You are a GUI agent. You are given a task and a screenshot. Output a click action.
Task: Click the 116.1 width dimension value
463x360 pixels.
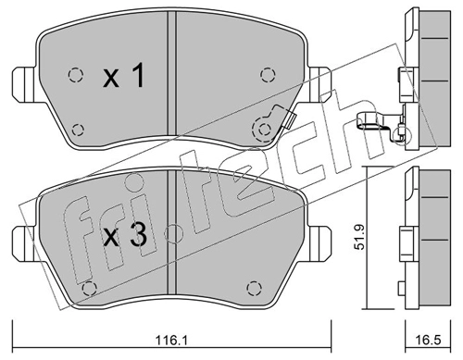pyautogui.click(x=171, y=341)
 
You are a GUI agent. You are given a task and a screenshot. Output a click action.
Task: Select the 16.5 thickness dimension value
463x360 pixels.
pyautogui.click(x=428, y=341)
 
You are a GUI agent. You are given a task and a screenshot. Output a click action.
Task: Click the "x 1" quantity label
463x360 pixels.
pyautogui.click(x=123, y=75)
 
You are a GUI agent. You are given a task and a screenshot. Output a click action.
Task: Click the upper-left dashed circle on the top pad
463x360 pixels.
pyautogui.click(x=75, y=75)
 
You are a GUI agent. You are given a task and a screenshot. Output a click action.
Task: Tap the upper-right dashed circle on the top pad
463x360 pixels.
pyautogui.click(x=268, y=75)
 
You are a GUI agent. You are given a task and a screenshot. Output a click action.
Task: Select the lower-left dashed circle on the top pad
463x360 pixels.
pyautogui.click(x=78, y=130)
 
